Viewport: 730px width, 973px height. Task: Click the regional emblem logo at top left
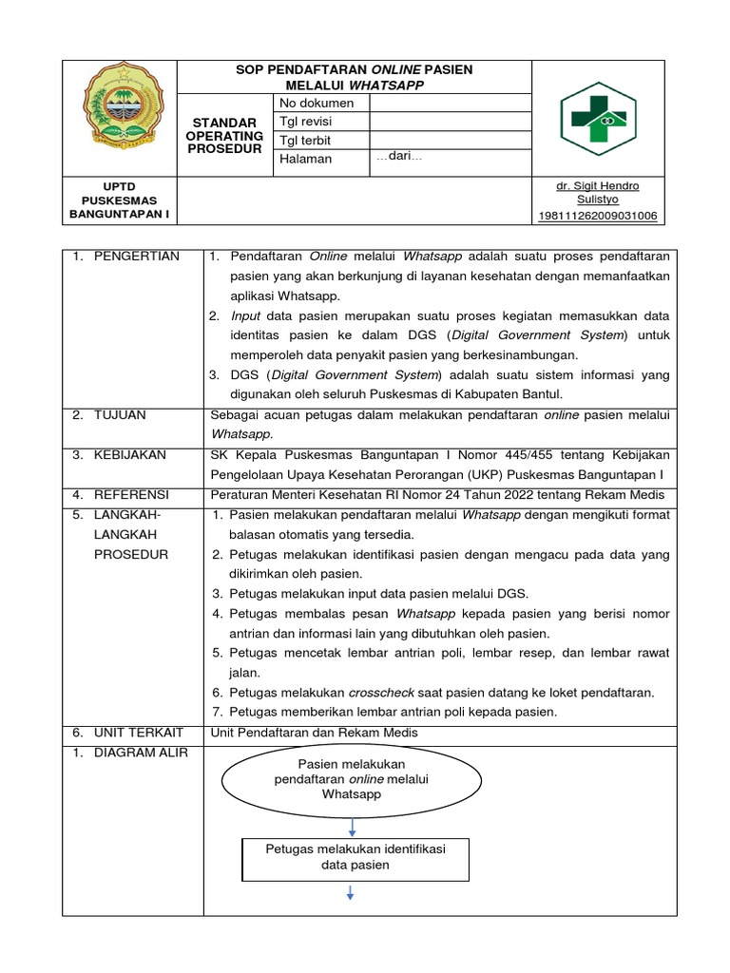pos(120,116)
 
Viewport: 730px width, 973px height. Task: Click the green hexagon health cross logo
pos(597,119)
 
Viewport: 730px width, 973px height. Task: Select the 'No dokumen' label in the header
pos(317,103)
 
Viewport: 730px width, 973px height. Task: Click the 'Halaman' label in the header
pos(305,159)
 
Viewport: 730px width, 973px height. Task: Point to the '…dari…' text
pos(399,157)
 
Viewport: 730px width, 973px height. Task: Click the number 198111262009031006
pos(597,216)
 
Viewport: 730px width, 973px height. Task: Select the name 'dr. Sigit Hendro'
pos(597,185)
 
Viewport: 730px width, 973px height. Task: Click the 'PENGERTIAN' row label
pos(136,257)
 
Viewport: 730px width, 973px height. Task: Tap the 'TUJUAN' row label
pos(121,415)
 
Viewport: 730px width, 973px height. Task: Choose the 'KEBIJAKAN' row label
pos(130,455)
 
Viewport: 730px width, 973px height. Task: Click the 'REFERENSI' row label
pos(130,494)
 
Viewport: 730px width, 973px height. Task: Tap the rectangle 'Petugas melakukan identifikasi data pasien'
pos(355,856)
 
